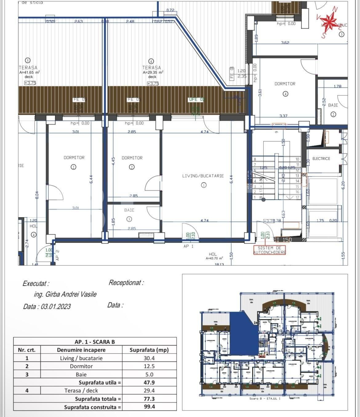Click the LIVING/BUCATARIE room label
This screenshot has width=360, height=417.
point(203,176)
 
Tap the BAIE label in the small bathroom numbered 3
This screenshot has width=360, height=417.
point(129,210)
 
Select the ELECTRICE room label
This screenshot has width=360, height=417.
point(321,159)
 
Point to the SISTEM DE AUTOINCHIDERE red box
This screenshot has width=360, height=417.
point(269,250)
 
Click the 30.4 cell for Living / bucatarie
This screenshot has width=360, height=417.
point(149,358)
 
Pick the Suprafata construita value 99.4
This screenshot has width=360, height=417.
point(149,407)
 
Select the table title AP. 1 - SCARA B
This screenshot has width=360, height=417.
point(95,342)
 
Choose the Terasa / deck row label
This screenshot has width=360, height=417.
point(81,391)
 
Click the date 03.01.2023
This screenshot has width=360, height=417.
point(56,306)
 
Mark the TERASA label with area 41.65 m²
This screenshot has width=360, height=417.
point(28,67)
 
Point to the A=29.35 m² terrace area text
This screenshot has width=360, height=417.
point(153,72)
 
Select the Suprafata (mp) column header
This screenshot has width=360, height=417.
point(149,350)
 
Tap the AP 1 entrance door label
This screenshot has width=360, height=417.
point(188,246)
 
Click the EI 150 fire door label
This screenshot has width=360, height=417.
point(282,240)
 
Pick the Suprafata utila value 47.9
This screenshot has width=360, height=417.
point(149,383)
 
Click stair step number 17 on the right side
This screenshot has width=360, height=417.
point(297,197)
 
